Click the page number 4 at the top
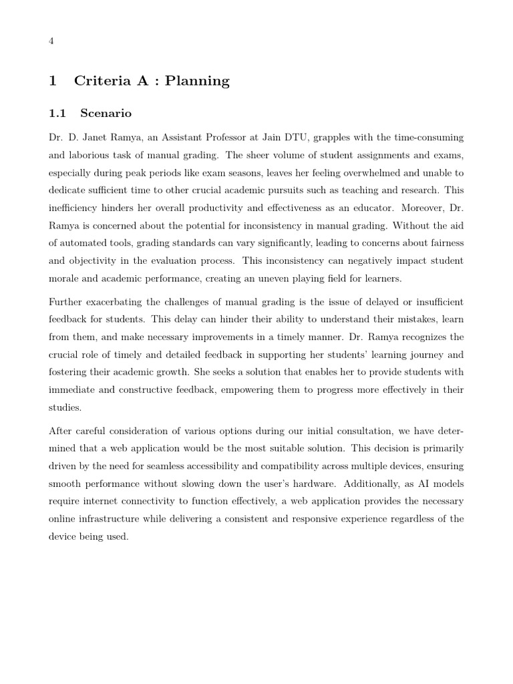[x=51, y=41]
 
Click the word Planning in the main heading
[x=197, y=81]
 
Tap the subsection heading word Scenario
[x=106, y=114]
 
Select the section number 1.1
[x=57, y=114]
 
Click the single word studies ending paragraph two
[x=64, y=406]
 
